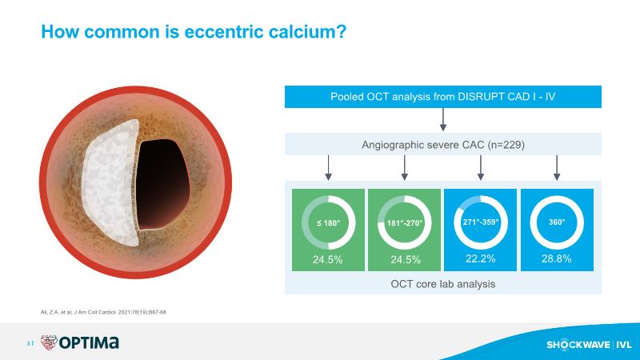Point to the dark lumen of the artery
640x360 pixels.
pyautogui.click(x=162, y=184)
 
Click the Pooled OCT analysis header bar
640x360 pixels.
pyautogui.click(x=443, y=97)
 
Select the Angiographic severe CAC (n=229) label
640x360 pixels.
pyautogui.click(x=443, y=145)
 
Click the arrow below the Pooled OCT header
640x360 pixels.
pyautogui.click(x=443, y=119)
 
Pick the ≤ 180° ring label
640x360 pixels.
pyautogui.click(x=328, y=223)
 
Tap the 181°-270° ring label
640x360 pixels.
pyautogui.click(x=405, y=223)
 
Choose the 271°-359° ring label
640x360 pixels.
pyautogui.click(x=481, y=222)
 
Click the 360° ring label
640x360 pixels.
pyautogui.click(x=557, y=222)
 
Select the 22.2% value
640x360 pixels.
pyautogui.click(x=481, y=258)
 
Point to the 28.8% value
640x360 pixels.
pyautogui.click(x=556, y=258)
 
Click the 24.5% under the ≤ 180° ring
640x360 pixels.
pyautogui.click(x=328, y=259)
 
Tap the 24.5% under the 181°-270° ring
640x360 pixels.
pyautogui.click(x=406, y=259)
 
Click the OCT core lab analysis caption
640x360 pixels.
pyautogui.click(x=443, y=284)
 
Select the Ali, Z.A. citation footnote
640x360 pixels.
pyautogui.click(x=103, y=312)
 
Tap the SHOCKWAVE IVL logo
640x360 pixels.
pyautogui.click(x=589, y=345)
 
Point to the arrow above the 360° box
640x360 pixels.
pyautogui.click(x=557, y=168)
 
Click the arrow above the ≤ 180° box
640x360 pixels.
pyautogui.click(x=328, y=168)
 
